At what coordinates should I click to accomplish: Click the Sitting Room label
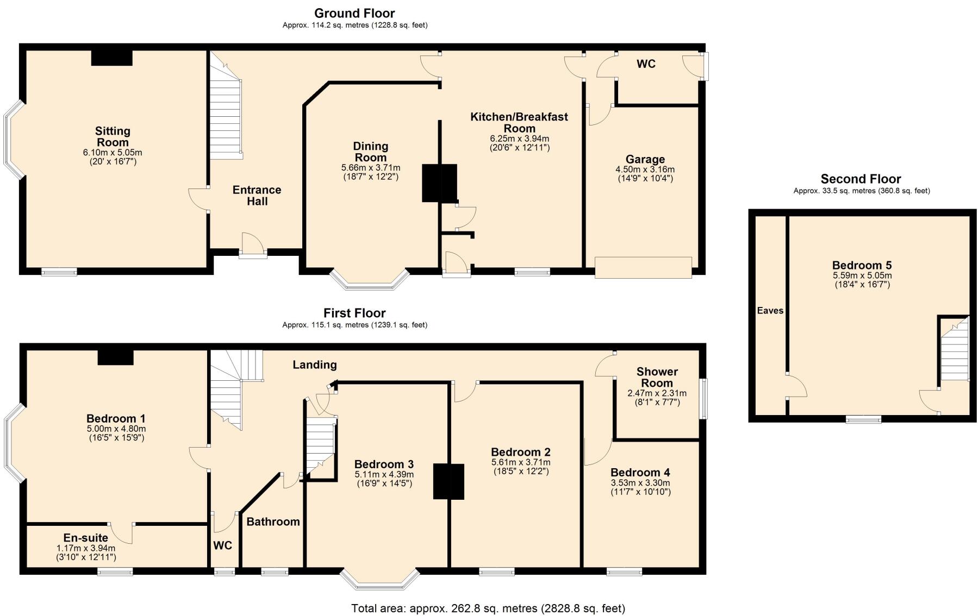tap(113, 136)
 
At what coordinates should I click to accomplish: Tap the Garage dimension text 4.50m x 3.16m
tap(645, 169)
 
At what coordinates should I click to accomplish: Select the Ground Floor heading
tap(354, 13)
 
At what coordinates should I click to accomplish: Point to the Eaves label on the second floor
tap(770, 311)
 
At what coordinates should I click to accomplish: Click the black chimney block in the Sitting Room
tap(112, 58)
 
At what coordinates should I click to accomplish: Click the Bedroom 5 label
tap(862, 265)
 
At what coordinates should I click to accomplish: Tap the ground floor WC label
tap(646, 64)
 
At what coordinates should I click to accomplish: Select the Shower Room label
tap(657, 377)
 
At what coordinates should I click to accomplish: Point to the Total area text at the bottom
tap(488, 608)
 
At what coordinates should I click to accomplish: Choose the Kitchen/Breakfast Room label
tap(519, 122)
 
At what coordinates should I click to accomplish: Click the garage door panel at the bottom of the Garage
tap(643, 267)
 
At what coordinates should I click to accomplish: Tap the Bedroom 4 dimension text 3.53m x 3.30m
tap(640, 483)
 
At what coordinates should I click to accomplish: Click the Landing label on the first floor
tap(315, 365)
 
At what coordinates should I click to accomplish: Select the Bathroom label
tap(273, 521)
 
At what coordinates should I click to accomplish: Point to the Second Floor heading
tap(861, 179)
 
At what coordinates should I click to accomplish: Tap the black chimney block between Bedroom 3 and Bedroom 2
tap(448, 481)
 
